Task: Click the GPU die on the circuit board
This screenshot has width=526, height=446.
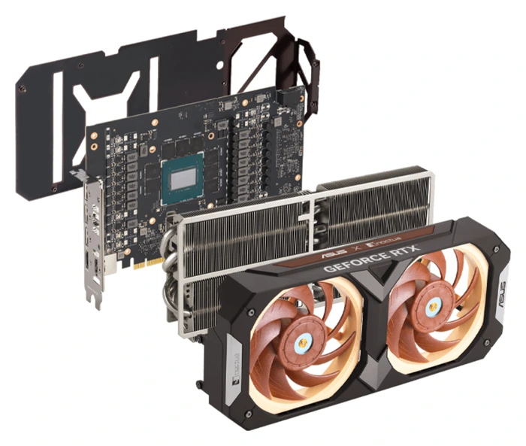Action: point(188,181)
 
